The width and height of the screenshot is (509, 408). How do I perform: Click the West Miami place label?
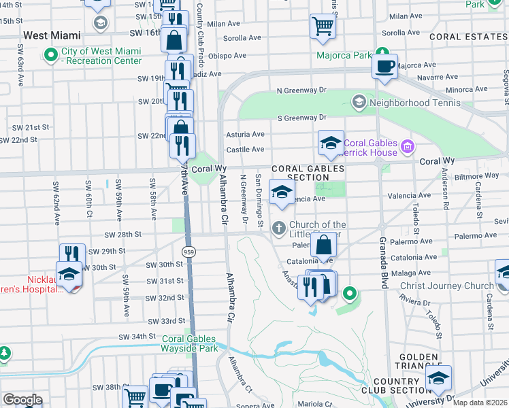point(52,35)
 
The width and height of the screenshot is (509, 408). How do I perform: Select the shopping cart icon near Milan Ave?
point(323,27)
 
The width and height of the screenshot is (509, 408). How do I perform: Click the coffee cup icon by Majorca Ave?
point(385,67)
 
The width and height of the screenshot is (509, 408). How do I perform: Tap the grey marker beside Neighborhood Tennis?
point(359,103)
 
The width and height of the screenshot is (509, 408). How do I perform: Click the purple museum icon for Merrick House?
point(408,146)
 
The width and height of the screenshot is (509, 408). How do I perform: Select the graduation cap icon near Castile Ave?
point(331,143)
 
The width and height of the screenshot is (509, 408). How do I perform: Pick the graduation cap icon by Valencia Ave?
point(281,192)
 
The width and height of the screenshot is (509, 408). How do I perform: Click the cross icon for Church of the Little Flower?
point(278,228)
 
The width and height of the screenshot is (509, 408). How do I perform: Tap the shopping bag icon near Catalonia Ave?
point(325,245)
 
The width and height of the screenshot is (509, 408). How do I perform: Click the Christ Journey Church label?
point(446,286)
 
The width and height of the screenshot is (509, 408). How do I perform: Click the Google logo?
point(22,399)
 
